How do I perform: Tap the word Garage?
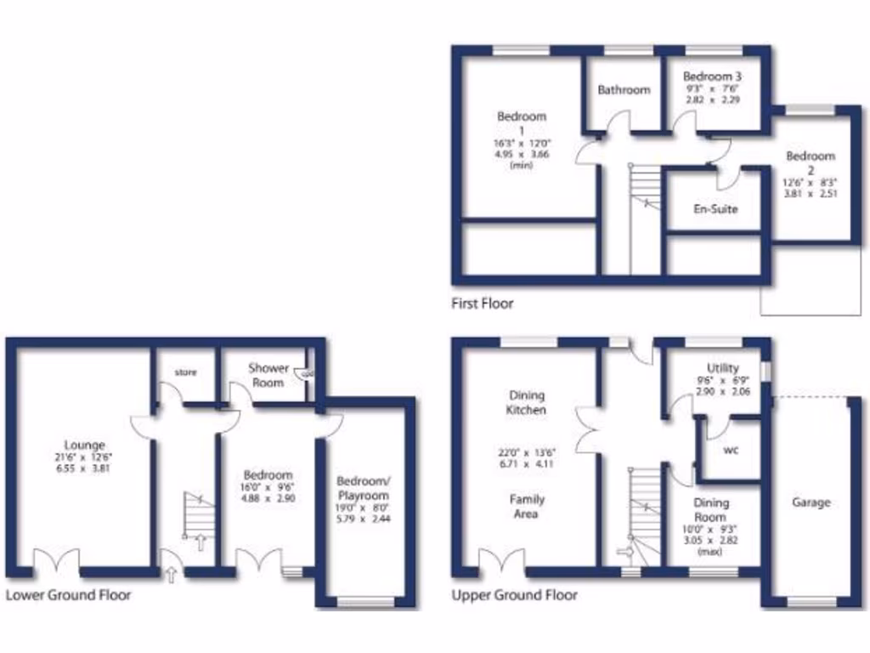coord(811,503)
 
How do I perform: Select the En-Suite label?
coord(716,208)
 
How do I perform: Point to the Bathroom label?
coord(624,89)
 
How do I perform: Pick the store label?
coord(185,372)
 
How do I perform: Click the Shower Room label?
coord(268,375)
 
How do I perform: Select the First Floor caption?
coord(483,303)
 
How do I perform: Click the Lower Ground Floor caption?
coord(68,595)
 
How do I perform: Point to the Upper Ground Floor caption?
coord(515,595)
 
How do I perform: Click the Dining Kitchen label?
coord(528,402)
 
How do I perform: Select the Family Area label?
coord(528,507)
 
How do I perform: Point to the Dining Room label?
coord(710,509)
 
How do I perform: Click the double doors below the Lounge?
coord(57,562)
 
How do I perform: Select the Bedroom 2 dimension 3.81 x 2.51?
coord(810,193)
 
